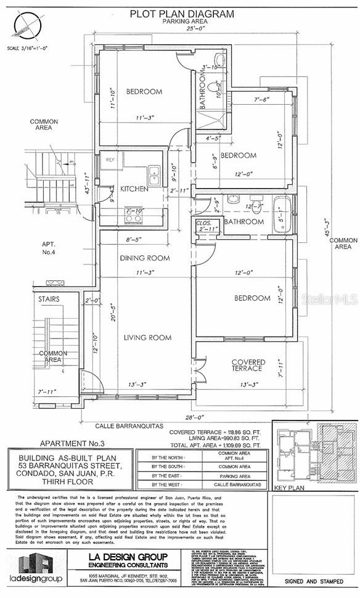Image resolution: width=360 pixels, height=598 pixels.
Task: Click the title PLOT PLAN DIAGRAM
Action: [x=181, y=13]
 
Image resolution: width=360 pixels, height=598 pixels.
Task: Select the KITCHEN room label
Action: [x=134, y=189]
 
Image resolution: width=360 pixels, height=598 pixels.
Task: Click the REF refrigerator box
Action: [x=111, y=160]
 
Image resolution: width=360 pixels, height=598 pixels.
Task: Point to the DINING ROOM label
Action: [x=145, y=258]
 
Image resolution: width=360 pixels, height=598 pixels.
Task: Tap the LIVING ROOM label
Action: [x=147, y=337]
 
